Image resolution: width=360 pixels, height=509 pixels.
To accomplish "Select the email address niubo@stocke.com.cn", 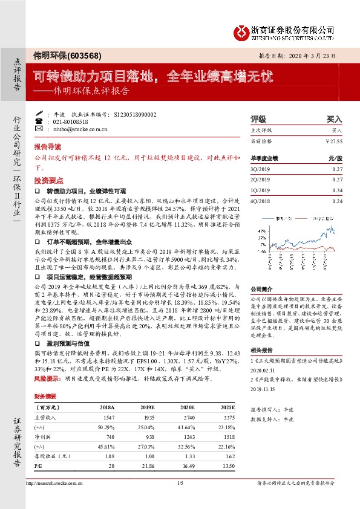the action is (72, 129).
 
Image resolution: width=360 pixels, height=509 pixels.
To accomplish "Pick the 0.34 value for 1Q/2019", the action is (337, 190).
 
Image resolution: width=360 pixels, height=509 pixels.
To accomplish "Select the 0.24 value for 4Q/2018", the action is (337, 201).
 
